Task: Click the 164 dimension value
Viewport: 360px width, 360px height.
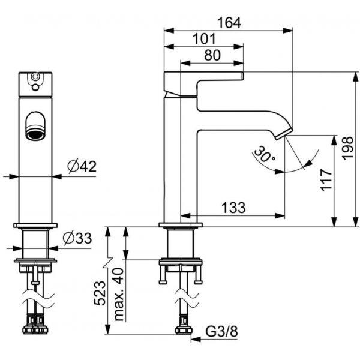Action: (229, 23)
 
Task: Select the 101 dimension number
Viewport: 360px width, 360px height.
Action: (204, 39)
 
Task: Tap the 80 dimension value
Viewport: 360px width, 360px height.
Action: (212, 55)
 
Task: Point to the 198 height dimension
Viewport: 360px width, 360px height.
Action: (347, 148)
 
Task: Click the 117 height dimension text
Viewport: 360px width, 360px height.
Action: (326, 180)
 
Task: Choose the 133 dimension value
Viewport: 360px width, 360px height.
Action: (233, 208)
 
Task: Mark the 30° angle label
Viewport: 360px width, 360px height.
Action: (264, 153)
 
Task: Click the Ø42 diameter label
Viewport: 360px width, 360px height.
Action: (82, 166)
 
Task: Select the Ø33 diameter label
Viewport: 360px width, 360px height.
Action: (77, 238)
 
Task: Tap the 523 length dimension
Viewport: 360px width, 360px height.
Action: (100, 293)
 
